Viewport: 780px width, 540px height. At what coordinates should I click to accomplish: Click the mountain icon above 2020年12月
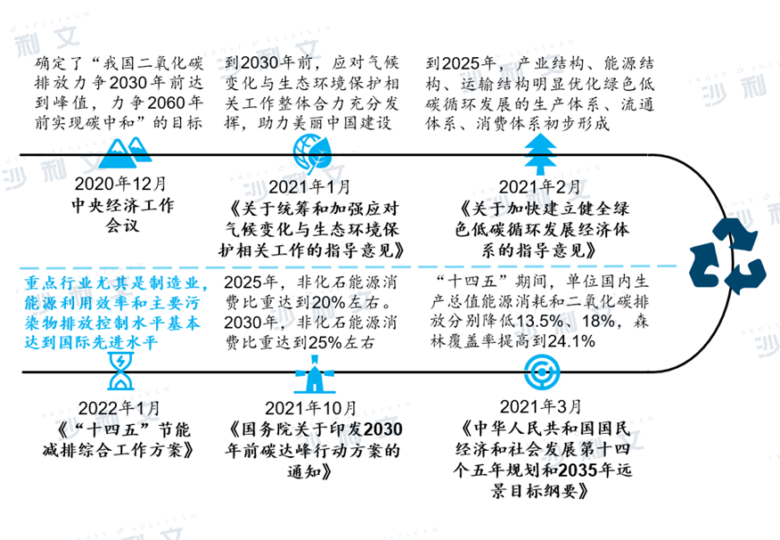[125, 152]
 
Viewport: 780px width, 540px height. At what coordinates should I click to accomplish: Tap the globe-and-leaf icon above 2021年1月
[312, 153]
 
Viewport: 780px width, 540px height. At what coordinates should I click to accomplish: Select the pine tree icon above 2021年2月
[540, 153]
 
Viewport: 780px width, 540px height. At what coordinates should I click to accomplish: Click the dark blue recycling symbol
[727, 256]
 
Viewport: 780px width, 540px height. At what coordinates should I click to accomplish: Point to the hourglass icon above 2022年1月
[121, 371]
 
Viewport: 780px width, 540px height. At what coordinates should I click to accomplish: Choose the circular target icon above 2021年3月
[542, 372]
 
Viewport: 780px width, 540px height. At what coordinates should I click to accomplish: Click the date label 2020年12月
[120, 184]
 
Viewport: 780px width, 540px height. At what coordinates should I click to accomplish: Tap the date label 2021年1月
[309, 187]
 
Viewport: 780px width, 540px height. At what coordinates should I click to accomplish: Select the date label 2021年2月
[539, 187]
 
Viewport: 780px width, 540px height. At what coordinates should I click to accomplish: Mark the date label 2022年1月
[119, 408]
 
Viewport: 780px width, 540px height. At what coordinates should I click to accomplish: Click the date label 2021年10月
[311, 408]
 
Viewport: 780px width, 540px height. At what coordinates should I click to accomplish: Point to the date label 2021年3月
[541, 406]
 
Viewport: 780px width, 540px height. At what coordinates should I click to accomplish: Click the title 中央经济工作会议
[123, 216]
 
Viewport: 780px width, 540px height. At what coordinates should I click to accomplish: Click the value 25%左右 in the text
[341, 342]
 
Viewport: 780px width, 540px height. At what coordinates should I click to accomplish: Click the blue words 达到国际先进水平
[91, 342]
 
